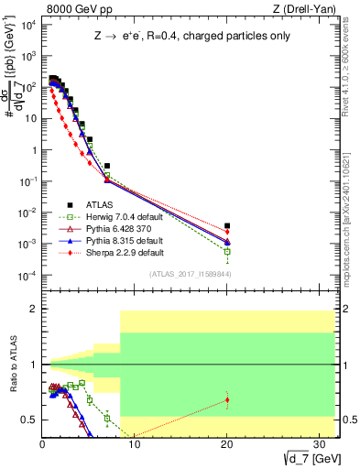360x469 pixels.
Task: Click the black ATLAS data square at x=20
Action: tap(227, 225)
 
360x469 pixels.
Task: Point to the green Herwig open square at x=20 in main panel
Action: tap(227, 251)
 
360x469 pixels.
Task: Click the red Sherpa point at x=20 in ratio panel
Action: tap(227, 399)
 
